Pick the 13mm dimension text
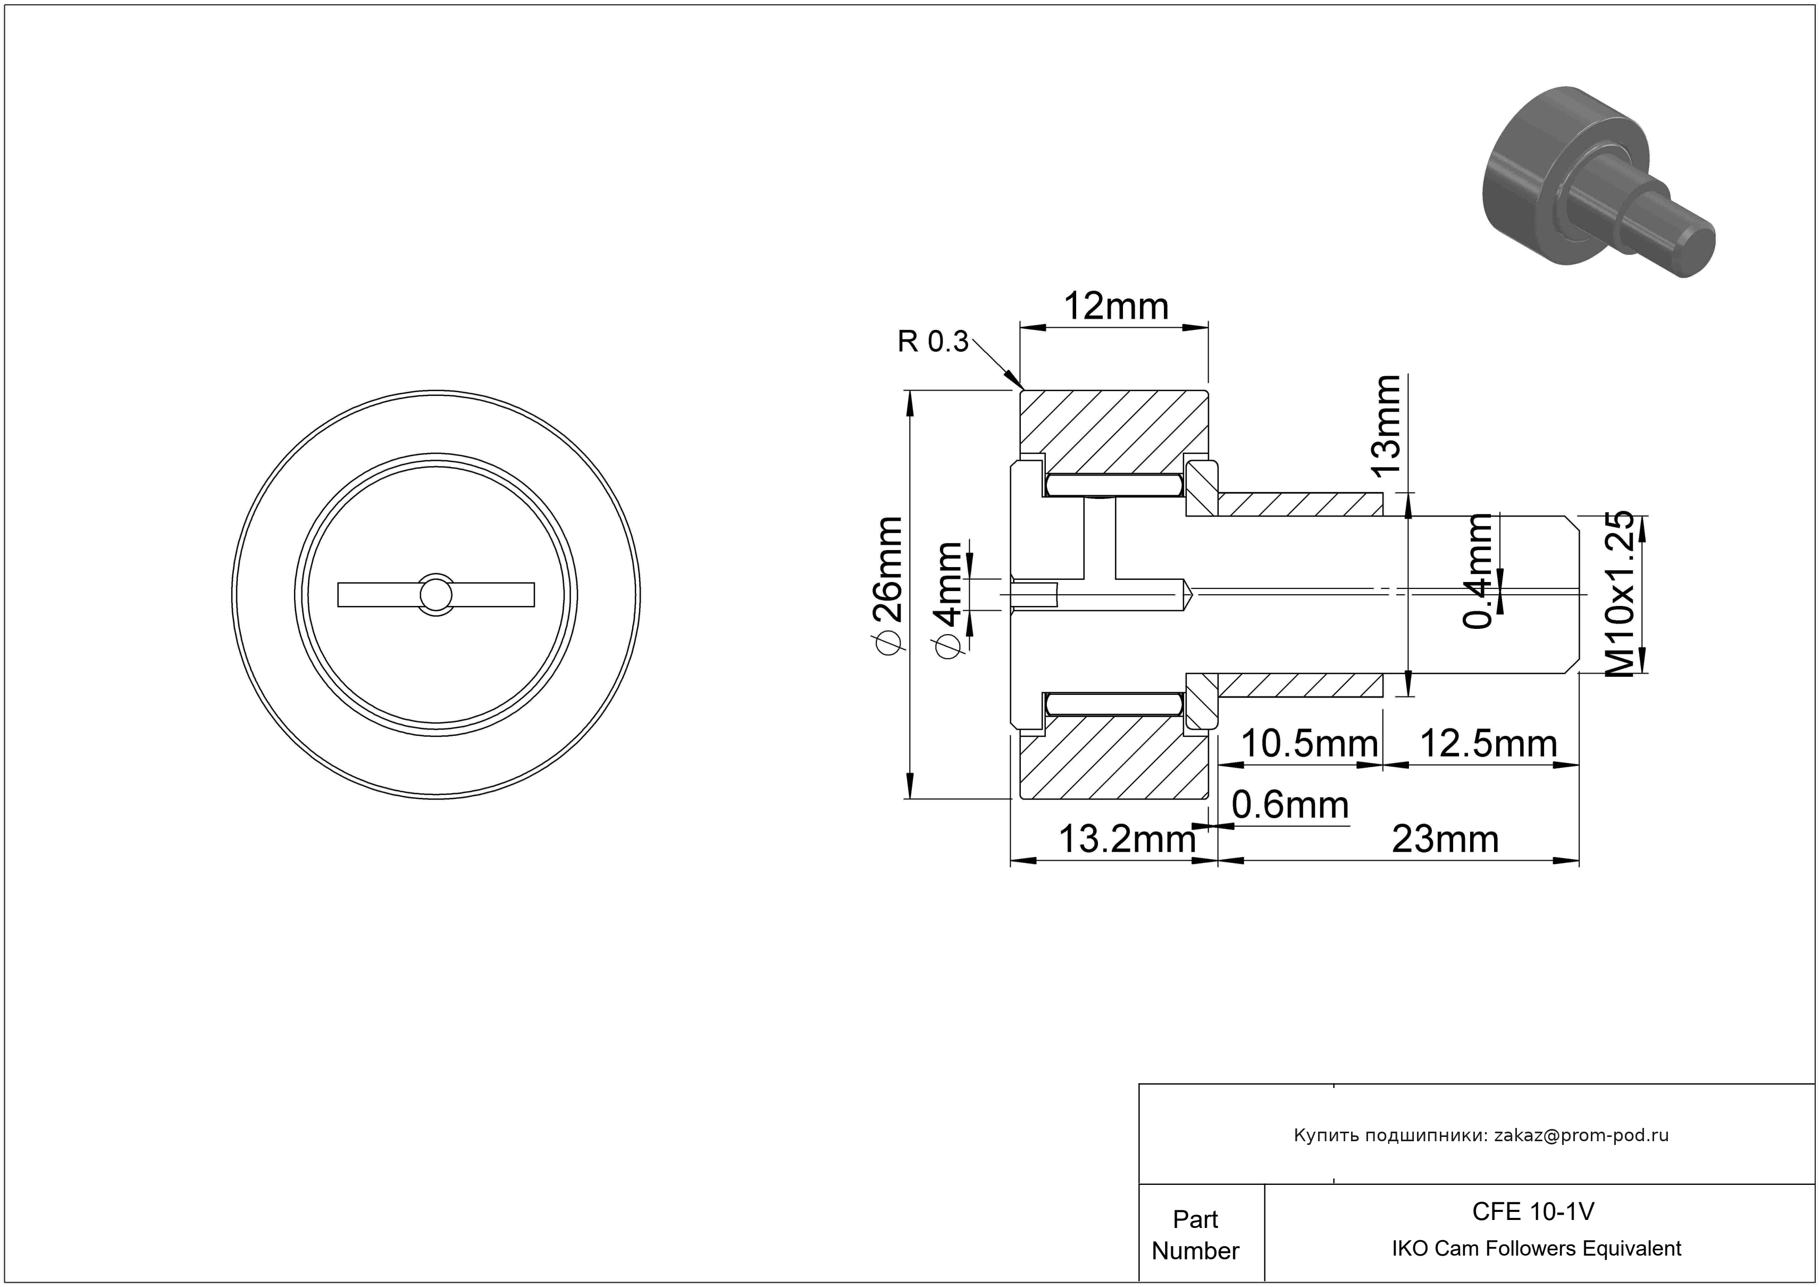point(1387,425)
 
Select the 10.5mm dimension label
point(1309,744)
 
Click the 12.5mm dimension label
point(1488,744)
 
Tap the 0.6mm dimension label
point(1290,806)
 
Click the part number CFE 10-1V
point(1533,1211)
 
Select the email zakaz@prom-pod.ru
point(1581,1135)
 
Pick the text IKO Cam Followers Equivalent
point(1536,1248)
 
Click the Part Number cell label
point(1195,1235)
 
